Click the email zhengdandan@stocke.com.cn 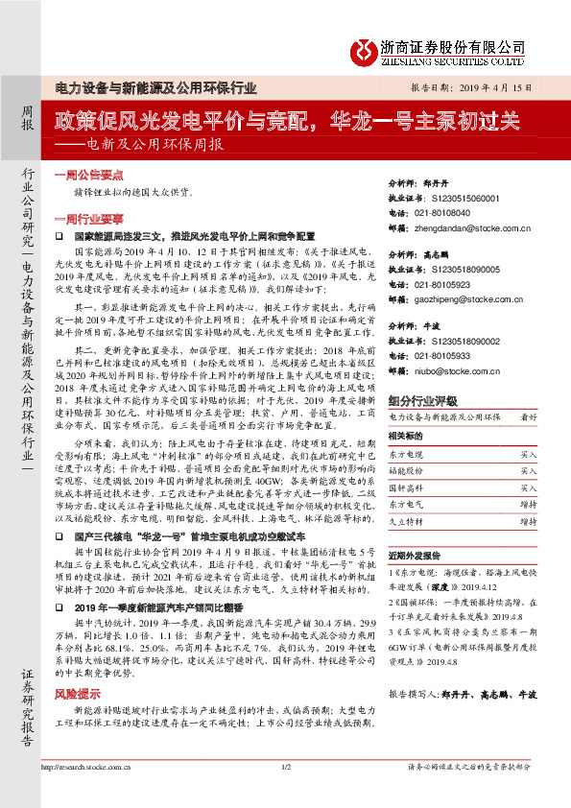tap(477, 229)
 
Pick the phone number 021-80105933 tap(450, 355)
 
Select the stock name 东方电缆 tap(406, 453)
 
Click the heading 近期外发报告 tap(414, 556)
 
